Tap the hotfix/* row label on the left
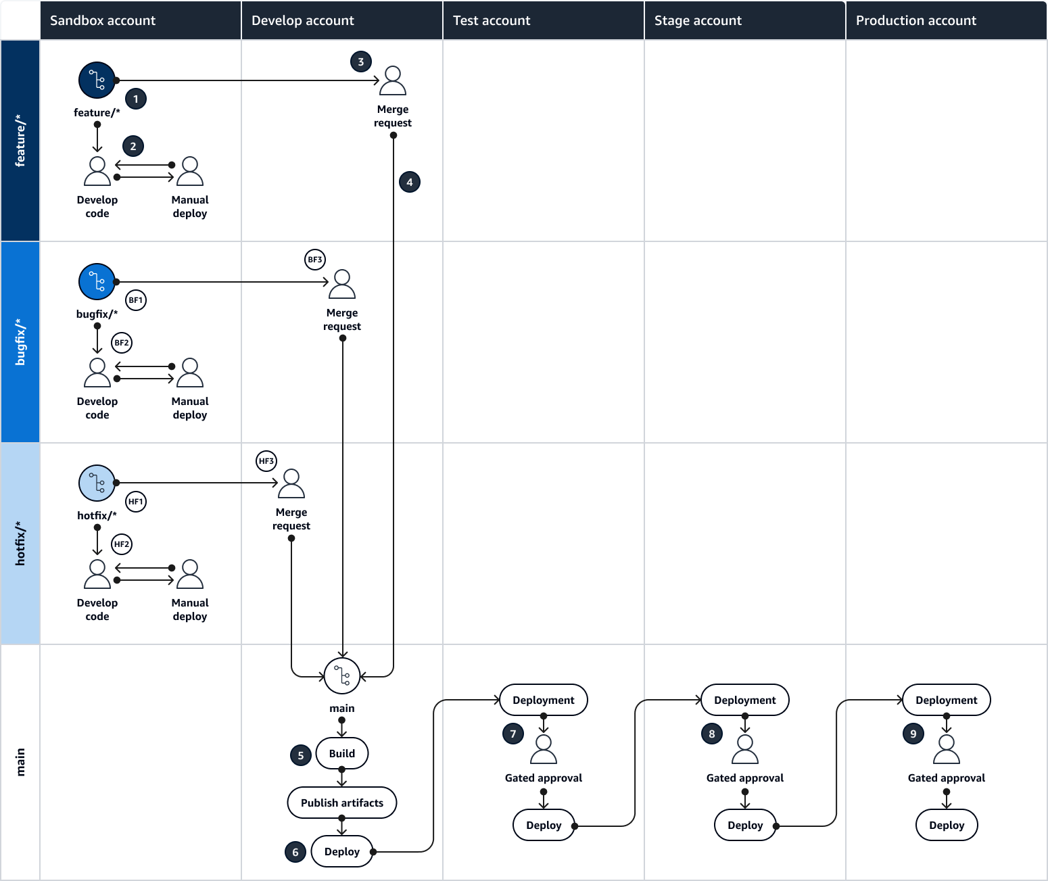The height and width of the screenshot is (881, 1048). coord(20,544)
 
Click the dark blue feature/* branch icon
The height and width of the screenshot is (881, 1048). coord(97,80)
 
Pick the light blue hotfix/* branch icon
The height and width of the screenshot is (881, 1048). coord(97,483)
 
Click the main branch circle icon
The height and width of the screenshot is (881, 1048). coord(341,675)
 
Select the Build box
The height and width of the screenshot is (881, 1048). coord(341,753)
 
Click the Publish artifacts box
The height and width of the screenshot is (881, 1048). coord(341,803)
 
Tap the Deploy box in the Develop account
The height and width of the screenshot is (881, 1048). coord(341,852)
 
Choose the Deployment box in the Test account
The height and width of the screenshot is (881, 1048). coord(543,700)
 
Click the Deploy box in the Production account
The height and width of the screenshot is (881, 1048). coord(946,825)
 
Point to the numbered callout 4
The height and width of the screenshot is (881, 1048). coord(409,182)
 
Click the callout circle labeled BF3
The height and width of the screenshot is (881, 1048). coord(315,260)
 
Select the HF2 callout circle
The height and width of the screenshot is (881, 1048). coord(122,544)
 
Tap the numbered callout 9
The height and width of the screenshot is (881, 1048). coord(913,734)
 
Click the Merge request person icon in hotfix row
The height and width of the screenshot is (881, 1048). coord(291,484)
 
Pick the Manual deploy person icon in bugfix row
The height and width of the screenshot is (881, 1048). coord(190,373)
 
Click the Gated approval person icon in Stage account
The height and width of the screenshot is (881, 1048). coord(744,749)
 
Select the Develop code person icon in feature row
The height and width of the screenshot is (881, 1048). coord(97,171)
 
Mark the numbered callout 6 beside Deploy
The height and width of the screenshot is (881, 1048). coord(295,852)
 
